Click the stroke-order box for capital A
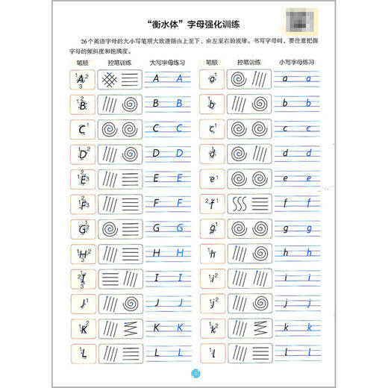pos(81,80)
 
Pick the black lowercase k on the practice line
pos(288,327)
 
